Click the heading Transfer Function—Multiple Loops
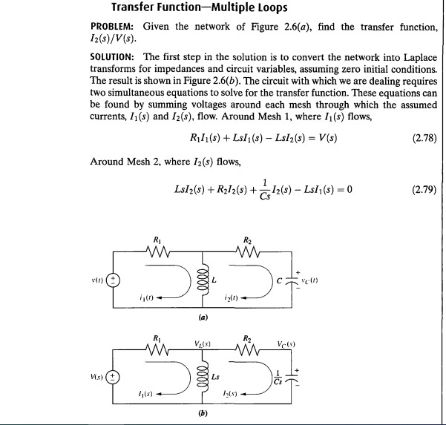(201, 8)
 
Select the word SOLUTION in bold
(113, 56)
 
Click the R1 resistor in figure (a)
(157, 253)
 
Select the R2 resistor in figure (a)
(249, 253)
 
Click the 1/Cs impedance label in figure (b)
(280, 375)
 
